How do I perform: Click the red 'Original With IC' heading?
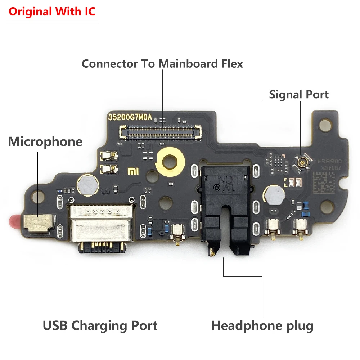point(52,12)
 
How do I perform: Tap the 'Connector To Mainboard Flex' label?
point(162,64)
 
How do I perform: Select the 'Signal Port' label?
point(299,95)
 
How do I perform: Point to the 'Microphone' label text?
point(45,141)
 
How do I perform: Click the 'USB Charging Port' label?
point(100,326)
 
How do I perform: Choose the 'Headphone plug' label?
point(262,326)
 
